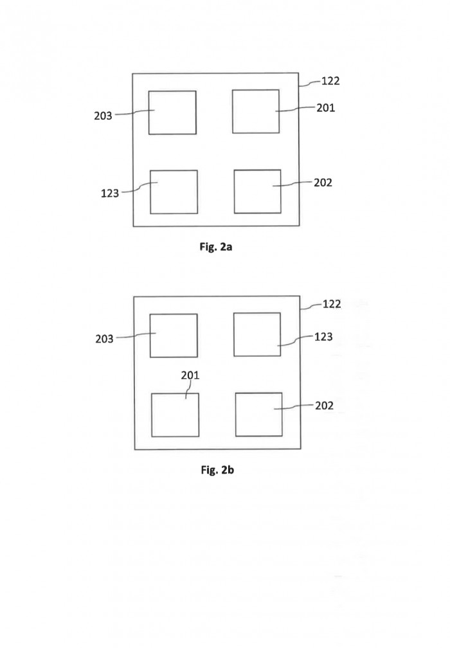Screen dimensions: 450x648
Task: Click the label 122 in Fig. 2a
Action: tap(330, 80)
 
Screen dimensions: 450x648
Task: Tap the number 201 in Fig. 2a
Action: tap(326, 108)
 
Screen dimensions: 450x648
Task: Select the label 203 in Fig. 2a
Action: tap(103, 116)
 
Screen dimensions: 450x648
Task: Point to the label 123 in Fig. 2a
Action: tap(110, 193)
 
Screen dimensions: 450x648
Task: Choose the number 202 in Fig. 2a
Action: tap(323, 183)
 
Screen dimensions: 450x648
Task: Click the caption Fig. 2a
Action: tap(216, 247)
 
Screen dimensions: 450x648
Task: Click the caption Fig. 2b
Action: tap(217, 470)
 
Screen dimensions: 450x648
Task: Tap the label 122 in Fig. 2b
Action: tap(332, 304)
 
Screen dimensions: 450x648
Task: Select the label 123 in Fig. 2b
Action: tap(323, 337)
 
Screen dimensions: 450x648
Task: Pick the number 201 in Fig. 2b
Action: tap(190, 375)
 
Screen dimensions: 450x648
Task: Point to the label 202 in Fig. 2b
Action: tap(325, 406)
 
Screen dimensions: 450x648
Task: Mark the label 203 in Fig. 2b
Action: tap(104, 339)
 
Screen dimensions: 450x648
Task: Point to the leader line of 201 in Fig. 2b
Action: tap(189, 390)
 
